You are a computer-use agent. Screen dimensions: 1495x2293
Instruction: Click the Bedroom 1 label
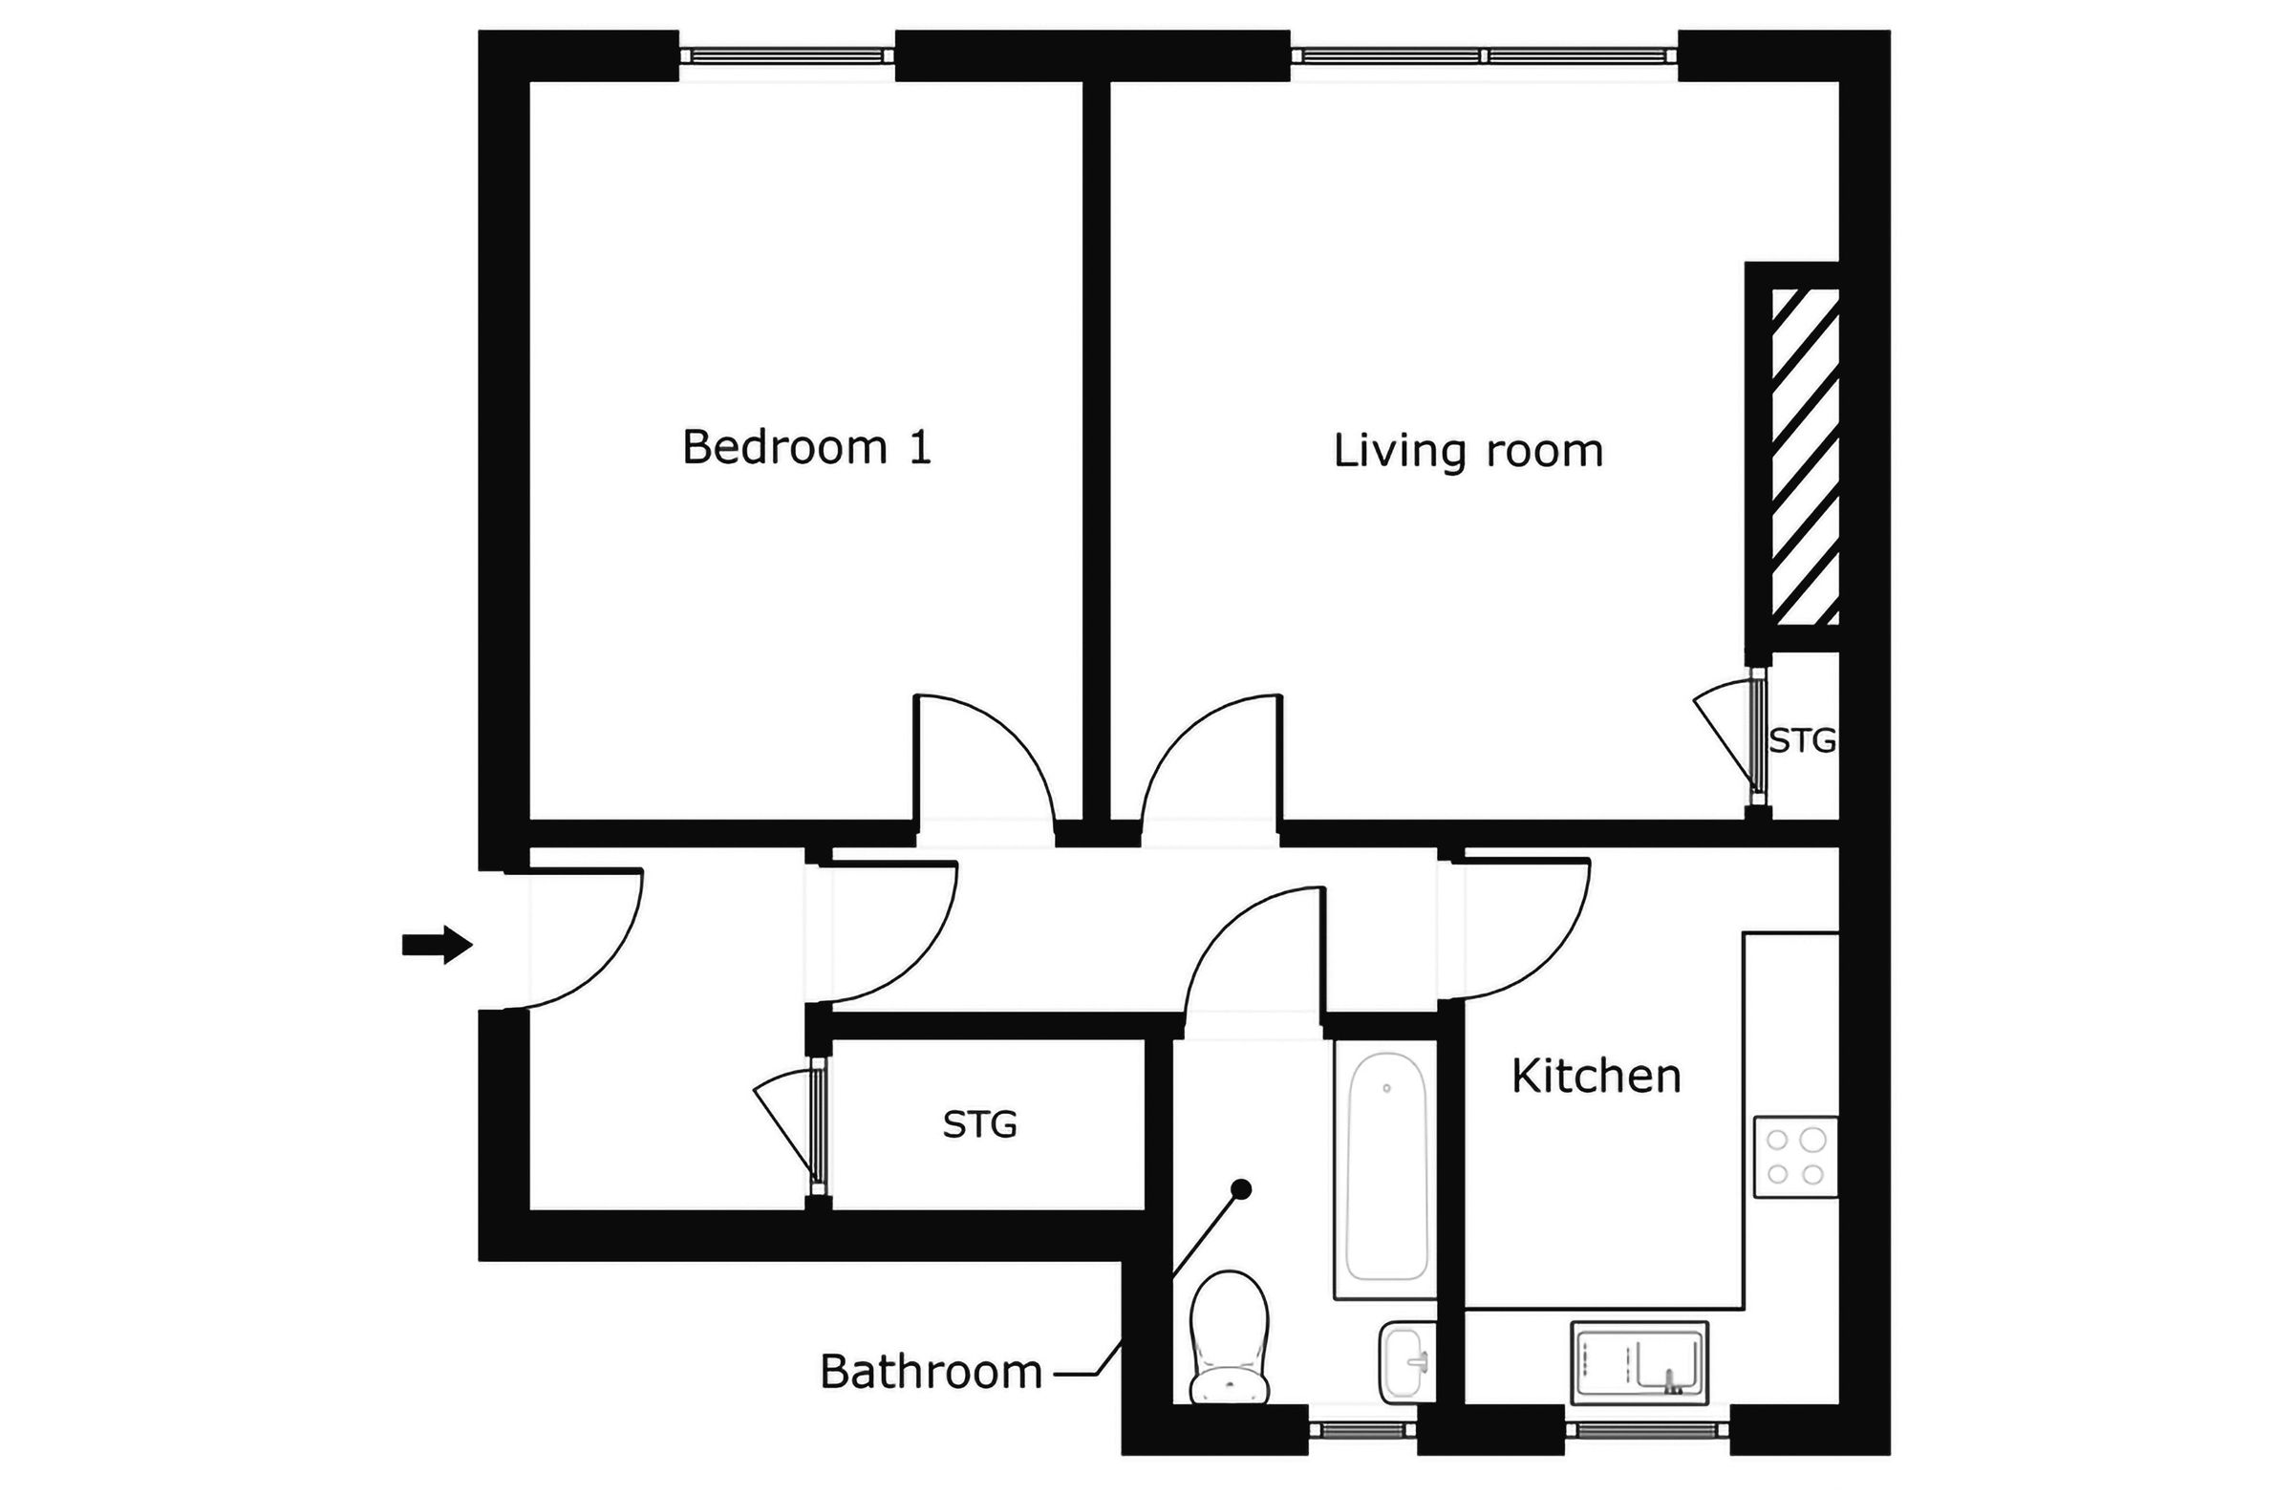point(806,448)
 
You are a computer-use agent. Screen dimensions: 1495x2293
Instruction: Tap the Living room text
point(1468,451)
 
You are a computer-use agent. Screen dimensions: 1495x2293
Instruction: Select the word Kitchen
point(1596,1077)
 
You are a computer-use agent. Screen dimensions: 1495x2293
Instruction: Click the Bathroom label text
point(931,1372)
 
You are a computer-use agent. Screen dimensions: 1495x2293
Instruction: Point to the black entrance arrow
point(437,944)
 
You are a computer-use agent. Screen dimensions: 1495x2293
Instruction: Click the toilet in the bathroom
point(1229,1339)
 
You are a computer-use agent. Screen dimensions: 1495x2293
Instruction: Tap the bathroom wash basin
point(1406,1361)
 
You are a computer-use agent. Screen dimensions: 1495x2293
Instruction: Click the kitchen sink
point(1639,1363)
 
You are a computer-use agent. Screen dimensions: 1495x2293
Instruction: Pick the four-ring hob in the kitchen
point(1795,1157)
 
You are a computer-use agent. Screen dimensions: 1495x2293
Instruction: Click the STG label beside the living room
point(1802,740)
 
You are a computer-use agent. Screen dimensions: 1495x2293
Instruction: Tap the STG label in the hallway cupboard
point(979,1124)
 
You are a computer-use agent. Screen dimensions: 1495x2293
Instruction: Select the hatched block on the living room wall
point(1806,458)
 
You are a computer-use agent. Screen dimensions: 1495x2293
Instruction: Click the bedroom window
point(787,55)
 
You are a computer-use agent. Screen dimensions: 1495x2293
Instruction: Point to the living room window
point(1484,55)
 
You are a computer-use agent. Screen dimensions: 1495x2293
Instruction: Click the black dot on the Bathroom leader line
point(1242,1189)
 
